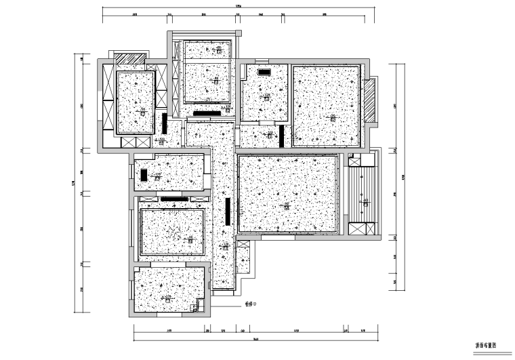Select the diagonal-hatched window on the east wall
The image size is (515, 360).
370,101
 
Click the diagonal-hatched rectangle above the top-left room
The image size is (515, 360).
127,58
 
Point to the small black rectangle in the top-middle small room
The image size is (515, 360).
264,71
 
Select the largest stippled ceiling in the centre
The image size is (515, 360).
288,193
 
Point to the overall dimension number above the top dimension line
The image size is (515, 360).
237,7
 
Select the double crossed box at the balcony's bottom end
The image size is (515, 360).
363,228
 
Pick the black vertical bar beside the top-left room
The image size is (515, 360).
165,123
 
